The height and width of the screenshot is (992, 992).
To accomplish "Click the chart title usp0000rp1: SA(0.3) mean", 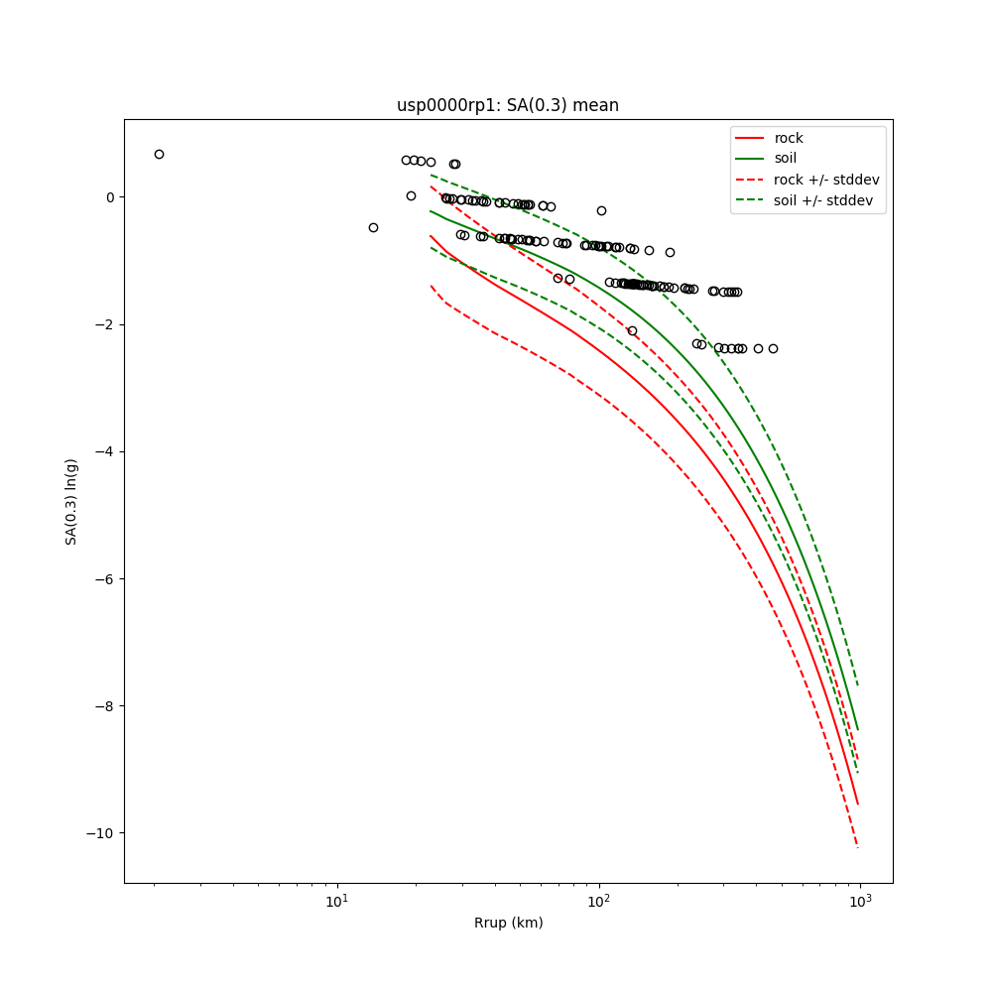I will click(x=507, y=105).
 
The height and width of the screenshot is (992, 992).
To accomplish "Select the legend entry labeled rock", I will click(x=789, y=138).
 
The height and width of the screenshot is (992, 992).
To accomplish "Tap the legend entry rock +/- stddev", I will click(x=826, y=180).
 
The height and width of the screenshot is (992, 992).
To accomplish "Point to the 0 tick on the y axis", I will click(x=109, y=197).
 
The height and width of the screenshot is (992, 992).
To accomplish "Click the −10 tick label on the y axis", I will click(x=101, y=832).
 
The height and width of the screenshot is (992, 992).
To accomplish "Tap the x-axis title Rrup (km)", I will click(x=508, y=923).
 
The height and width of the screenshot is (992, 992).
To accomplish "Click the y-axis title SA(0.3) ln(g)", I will click(x=71, y=501).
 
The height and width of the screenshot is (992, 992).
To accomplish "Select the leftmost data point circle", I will click(x=159, y=154).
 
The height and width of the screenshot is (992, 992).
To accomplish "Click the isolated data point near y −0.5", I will click(x=373, y=227).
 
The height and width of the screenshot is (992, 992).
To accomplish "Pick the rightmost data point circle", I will click(x=773, y=348).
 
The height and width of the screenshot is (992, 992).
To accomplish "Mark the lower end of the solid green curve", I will click(x=857, y=729).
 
